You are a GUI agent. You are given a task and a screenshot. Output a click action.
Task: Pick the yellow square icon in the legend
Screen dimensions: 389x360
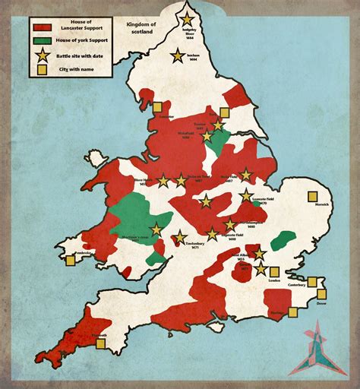point(43,69)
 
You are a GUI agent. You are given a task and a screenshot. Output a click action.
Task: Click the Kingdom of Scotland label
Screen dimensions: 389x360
point(142,29)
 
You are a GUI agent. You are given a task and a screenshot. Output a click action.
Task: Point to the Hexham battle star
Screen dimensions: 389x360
point(178,55)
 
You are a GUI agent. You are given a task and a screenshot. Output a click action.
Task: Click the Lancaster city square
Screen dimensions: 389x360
point(158,108)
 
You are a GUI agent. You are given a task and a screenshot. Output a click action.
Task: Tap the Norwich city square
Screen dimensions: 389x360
point(312,196)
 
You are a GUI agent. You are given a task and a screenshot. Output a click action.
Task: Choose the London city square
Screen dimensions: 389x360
point(275,271)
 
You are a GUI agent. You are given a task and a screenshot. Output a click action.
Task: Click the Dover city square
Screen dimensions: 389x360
point(321,294)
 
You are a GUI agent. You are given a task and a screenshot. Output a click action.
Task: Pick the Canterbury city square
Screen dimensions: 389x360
point(312,282)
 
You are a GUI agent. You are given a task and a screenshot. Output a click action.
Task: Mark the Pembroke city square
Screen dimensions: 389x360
point(70,261)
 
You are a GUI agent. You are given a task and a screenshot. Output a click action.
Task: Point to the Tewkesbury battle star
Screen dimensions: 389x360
point(180,238)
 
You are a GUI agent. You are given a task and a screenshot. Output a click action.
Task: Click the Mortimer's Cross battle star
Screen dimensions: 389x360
point(156,229)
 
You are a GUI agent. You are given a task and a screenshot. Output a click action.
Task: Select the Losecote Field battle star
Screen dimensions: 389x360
point(247,195)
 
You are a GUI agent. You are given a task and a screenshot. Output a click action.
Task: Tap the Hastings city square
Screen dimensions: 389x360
point(292,312)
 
